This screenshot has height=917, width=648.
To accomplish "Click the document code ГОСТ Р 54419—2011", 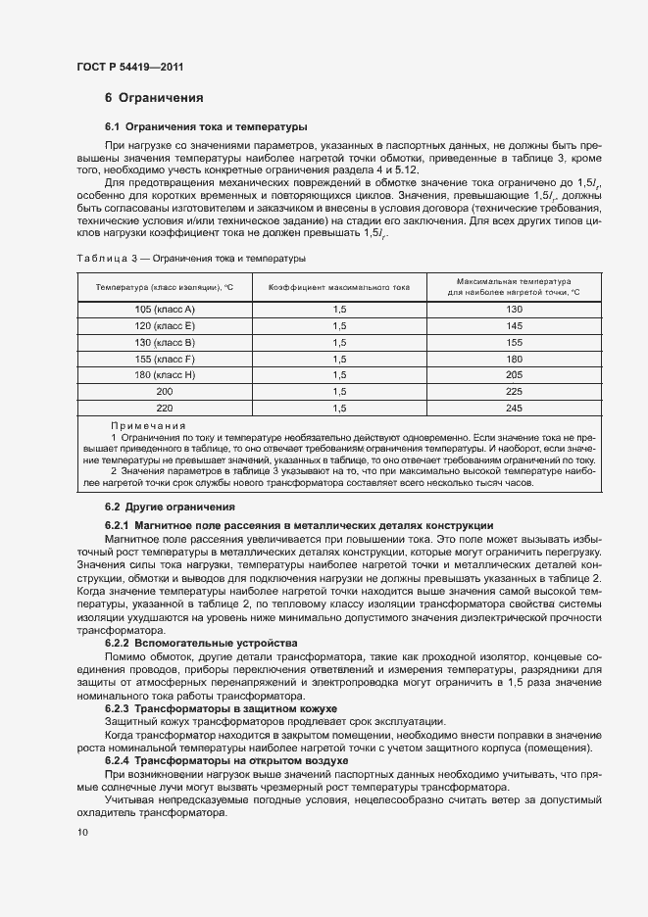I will pos(129,67).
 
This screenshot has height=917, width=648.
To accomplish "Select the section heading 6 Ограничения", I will pos(154,98).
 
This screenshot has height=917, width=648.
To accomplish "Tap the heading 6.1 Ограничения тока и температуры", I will pos(206,127).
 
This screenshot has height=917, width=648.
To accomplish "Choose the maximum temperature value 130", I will pos(515,310).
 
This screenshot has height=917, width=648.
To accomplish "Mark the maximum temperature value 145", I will pos(515,325).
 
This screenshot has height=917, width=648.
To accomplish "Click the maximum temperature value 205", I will pos(515,375).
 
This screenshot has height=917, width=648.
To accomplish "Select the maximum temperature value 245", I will pos(515,408).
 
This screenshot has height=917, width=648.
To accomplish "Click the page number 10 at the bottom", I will pos(82,832).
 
